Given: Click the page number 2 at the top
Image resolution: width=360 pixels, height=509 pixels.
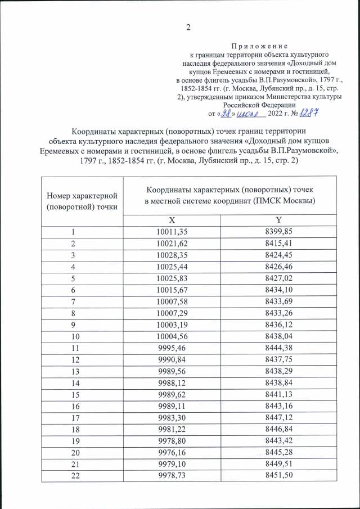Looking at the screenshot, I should pyautogui.click(x=189, y=28).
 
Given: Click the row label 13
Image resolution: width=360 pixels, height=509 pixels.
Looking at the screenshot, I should pyautogui.click(x=73, y=366).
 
